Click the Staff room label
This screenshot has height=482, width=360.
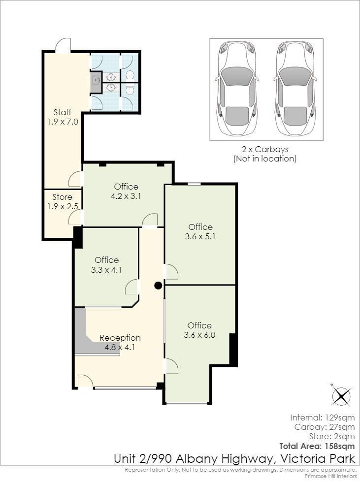[63, 112]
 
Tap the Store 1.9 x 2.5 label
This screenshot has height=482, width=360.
[63, 202]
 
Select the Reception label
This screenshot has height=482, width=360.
[120, 338]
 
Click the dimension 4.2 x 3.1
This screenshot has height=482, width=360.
[126, 196]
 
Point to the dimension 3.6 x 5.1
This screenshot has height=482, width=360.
[200, 237]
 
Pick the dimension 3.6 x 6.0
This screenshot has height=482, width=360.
[199, 335]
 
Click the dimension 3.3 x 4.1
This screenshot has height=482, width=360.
[106, 270]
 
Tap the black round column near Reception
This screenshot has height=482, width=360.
[158, 286]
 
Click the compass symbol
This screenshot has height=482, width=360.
[341, 396]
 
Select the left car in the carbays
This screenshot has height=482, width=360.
[237, 89]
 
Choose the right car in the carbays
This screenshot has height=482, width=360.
[295, 89]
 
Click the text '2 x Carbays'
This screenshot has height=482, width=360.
[265, 149]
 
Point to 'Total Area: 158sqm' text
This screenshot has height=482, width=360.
[317, 446]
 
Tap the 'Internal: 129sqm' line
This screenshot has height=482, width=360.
[323, 418]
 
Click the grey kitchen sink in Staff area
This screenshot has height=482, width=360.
[97, 81]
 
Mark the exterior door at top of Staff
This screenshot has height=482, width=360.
[63, 45]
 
